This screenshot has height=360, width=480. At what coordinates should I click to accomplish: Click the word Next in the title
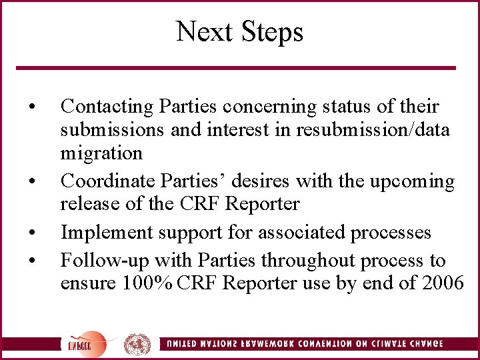pyautogui.click(x=201, y=32)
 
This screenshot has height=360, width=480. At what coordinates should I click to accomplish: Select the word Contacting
pyautogui.click(x=105, y=107)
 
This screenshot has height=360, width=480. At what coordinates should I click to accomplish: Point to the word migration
pyautogui.click(x=101, y=153)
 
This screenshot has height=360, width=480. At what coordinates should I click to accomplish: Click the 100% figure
pyautogui.click(x=147, y=283)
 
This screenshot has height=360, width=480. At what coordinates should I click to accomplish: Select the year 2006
pyautogui.click(x=443, y=283)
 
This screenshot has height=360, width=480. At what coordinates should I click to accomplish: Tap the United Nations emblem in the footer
pyautogui.click(x=136, y=344)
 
